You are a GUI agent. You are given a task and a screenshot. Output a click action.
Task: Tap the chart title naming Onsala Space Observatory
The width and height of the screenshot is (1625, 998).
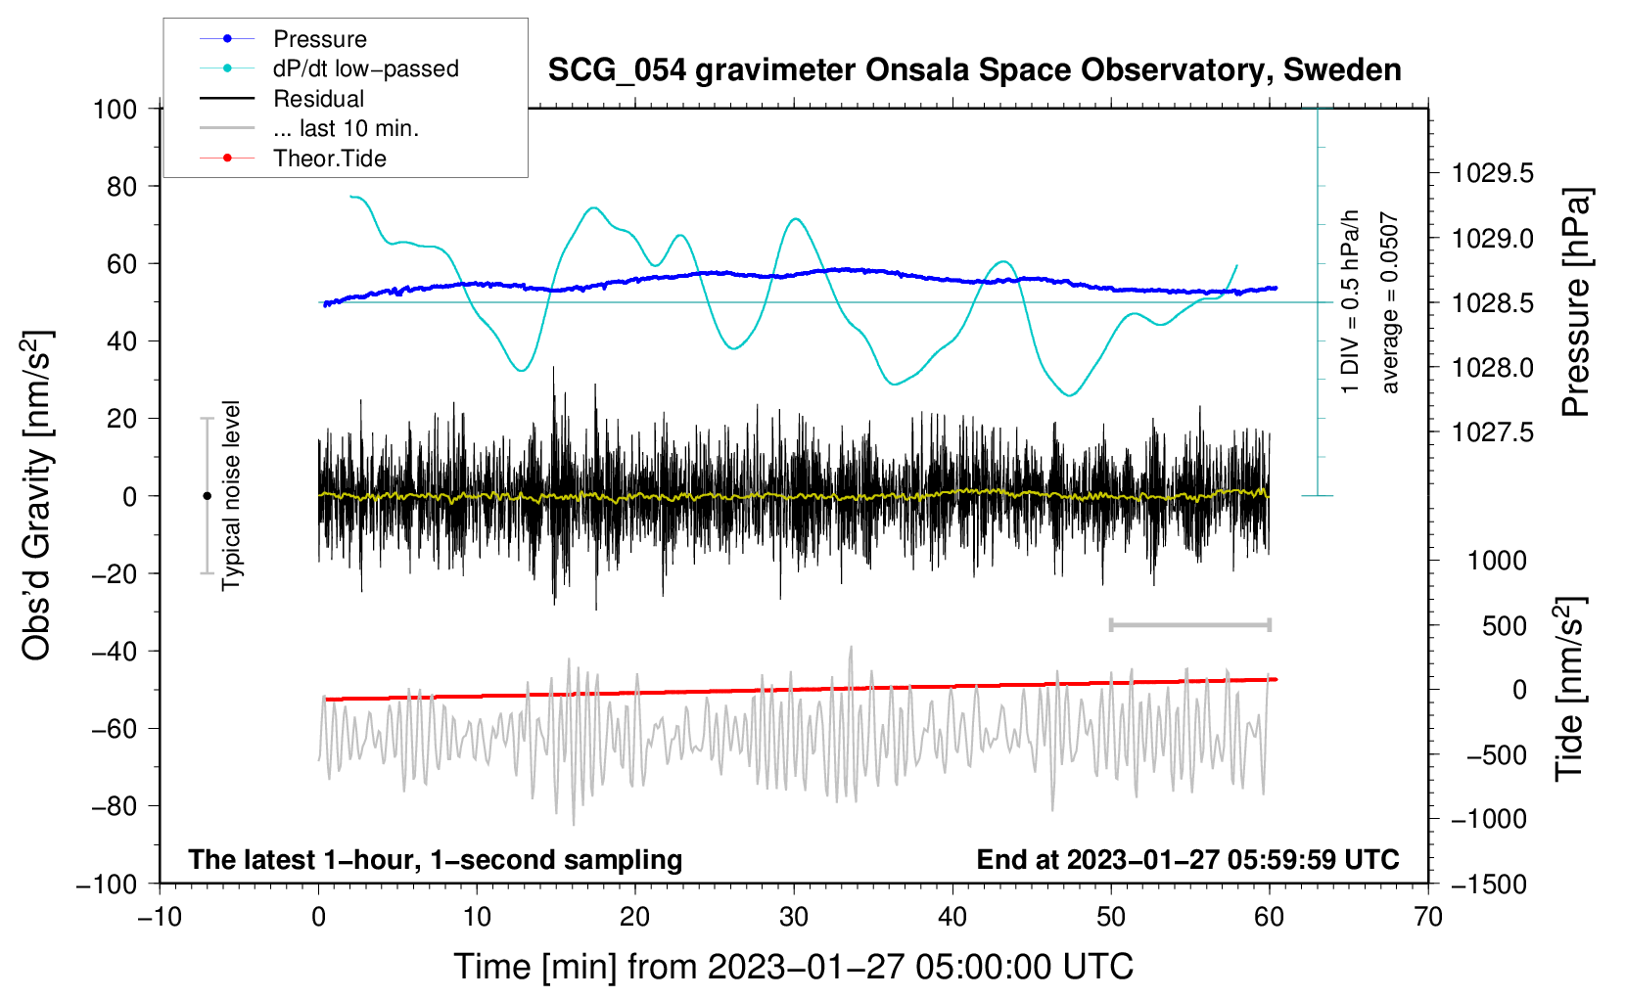tap(974, 70)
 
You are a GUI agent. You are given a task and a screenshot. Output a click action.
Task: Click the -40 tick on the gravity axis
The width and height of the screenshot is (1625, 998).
tap(113, 652)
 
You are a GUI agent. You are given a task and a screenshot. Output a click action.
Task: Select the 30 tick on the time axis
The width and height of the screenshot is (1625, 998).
tap(794, 917)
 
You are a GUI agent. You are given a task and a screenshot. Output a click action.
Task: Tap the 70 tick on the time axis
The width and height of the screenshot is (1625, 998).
tap(1428, 917)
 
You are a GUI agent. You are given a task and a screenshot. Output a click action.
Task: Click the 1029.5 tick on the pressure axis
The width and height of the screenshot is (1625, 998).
tap(1492, 174)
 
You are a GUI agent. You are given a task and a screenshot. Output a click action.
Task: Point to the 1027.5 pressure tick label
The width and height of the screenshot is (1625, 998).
tap(1492, 432)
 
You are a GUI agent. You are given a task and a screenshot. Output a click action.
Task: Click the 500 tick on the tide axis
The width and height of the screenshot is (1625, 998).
tap(1504, 626)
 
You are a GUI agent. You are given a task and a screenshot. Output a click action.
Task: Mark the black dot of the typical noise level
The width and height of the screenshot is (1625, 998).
tap(207, 496)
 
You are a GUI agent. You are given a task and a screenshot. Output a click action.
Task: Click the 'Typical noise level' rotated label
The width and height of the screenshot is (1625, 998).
tap(231, 496)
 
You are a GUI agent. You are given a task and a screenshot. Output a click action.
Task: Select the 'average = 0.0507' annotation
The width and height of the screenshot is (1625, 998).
tap(1390, 303)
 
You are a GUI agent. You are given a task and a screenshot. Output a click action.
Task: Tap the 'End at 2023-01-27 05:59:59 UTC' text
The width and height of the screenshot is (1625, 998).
tap(1187, 860)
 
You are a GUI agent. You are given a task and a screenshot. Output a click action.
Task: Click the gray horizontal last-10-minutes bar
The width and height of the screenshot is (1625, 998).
tap(1189, 625)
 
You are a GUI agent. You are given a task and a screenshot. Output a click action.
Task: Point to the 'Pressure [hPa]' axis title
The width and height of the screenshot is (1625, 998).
tap(1576, 303)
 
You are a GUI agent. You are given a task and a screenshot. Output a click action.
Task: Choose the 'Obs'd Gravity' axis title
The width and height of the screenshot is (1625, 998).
tap(37, 496)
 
